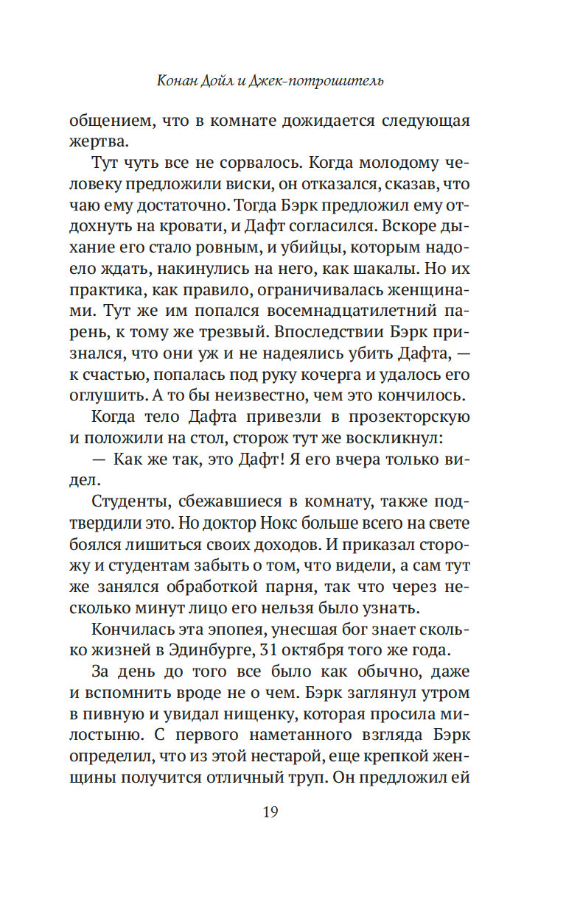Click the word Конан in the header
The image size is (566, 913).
(180, 80)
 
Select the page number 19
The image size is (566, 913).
(270, 812)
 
